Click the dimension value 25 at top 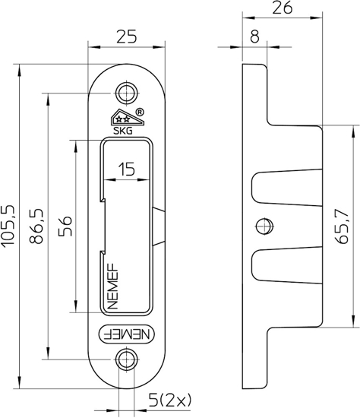click(x=127, y=36)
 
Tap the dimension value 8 click(x=254, y=35)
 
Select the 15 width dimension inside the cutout click(x=127, y=170)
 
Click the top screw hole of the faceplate click(x=127, y=91)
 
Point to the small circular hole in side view click(x=263, y=226)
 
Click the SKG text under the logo click(x=122, y=131)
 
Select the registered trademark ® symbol click(x=140, y=112)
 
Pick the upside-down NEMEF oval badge click(x=126, y=331)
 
